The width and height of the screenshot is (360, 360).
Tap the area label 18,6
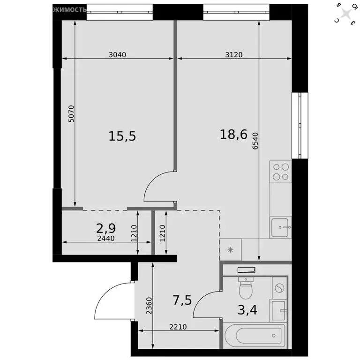tap(233, 135)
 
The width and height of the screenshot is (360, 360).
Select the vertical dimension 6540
tap(255, 140)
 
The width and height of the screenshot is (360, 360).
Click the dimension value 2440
tap(105, 238)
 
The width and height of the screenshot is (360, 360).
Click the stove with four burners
tap(280, 172)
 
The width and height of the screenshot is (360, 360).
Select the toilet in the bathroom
tap(246, 287)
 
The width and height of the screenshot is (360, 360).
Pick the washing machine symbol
tap(279, 288)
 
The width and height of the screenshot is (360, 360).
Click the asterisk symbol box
tap(230, 249)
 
